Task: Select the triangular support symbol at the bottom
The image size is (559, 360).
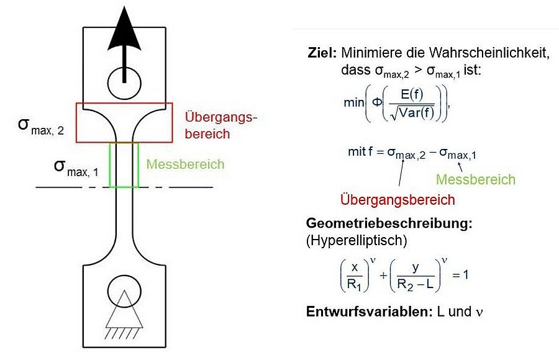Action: pyautogui.click(x=124, y=309)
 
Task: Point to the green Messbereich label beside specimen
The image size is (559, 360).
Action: pyautogui.click(x=185, y=164)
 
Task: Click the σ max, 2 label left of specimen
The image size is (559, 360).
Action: pyautogui.click(x=41, y=127)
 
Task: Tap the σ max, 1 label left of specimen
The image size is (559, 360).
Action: pyautogui.click(x=76, y=168)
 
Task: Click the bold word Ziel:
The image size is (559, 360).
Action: pyautogui.click(x=322, y=53)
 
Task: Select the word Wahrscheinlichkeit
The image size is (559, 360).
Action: pyautogui.click(x=489, y=53)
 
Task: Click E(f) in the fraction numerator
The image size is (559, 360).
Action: pyautogui.click(x=412, y=94)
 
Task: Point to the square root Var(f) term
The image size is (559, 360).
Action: pyautogui.click(x=413, y=112)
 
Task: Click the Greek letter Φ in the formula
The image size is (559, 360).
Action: pyautogui.click(x=377, y=102)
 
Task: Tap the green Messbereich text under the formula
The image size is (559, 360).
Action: pyautogui.click(x=476, y=179)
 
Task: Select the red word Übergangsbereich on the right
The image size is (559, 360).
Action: pyautogui.click(x=398, y=200)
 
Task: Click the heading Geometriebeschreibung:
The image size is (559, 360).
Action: pyautogui.click(x=389, y=224)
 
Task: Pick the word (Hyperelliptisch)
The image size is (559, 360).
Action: pyautogui.click(x=357, y=241)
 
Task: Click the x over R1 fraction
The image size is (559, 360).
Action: pyautogui.click(x=355, y=276)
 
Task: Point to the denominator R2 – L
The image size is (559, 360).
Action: pyautogui.click(x=416, y=284)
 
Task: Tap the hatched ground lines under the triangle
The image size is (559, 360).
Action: pyautogui.click(x=122, y=333)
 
